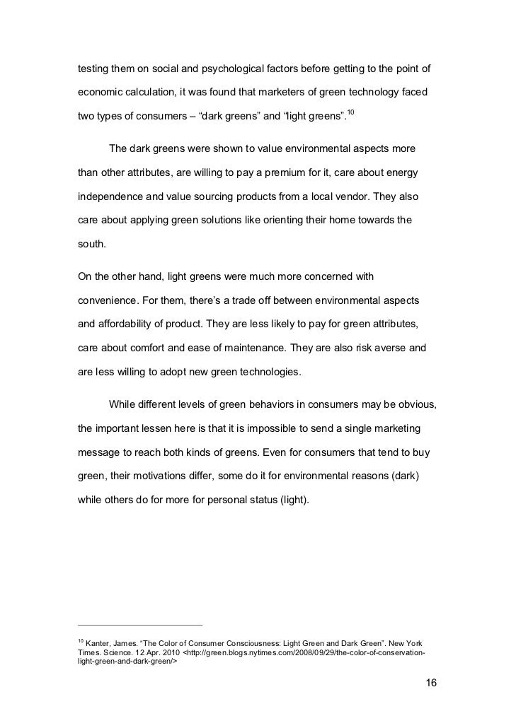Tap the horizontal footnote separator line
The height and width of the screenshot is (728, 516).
139,624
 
